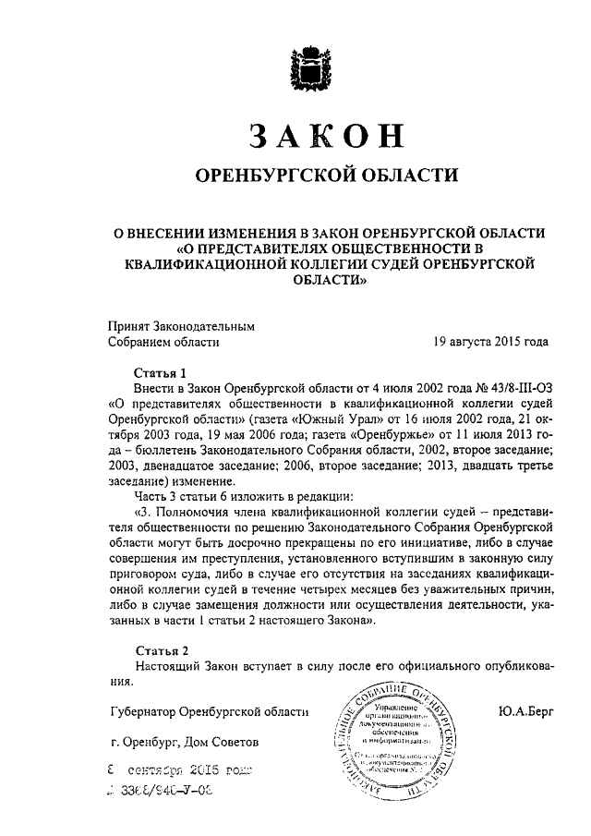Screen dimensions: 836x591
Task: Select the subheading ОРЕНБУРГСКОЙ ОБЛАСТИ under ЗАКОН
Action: [317, 176]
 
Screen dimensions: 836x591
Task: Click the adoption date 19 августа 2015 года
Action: [490, 341]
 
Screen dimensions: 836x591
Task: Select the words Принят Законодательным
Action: [180, 325]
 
